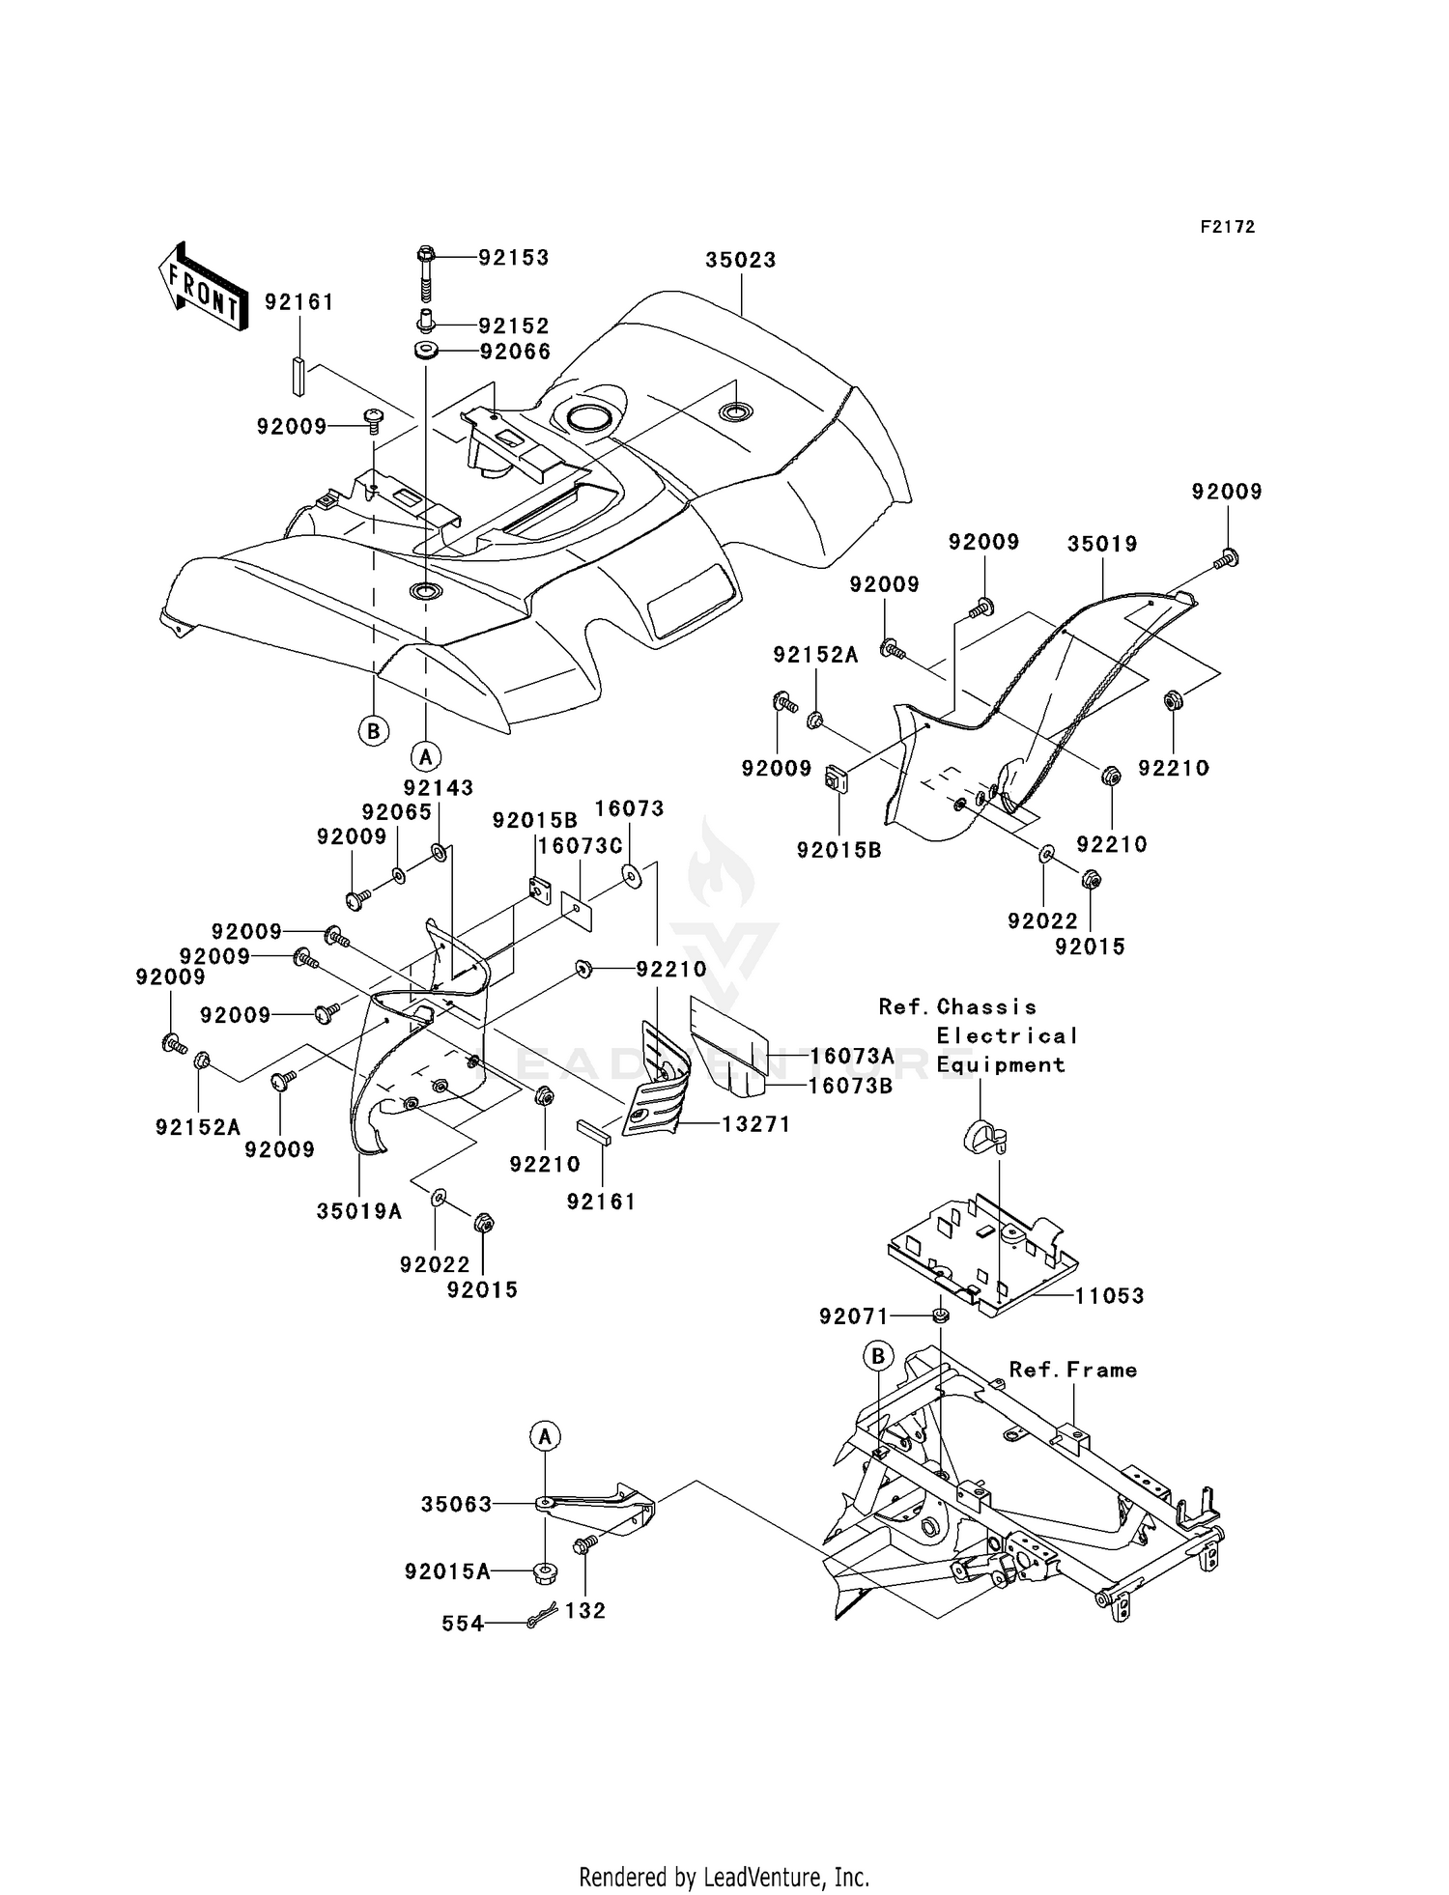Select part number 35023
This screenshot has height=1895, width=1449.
click(x=741, y=260)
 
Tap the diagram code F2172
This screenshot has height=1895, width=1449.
click(x=1228, y=227)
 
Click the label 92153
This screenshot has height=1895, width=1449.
click(x=514, y=257)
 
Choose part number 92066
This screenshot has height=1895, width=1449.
click(x=516, y=352)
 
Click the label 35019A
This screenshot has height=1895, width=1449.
click(x=359, y=1211)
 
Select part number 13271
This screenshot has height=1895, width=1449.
click(x=753, y=1124)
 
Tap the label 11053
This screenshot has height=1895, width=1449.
click(x=1109, y=1296)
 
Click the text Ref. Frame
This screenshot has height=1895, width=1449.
click(x=1073, y=1370)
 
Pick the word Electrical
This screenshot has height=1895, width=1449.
click(x=1008, y=1035)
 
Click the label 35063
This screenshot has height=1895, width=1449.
click(x=457, y=1504)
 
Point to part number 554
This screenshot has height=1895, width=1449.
click(x=463, y=1625)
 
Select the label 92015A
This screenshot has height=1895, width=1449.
click(x=447, y=1572)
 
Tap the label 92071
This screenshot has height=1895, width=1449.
click(x=854, y=1315)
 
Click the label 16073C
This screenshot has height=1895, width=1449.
click(x=580, y=846)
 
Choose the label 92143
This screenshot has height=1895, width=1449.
click(x=439, y=787)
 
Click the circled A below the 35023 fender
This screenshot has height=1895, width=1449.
click(x=426, y=755)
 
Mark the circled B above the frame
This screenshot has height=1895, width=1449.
click(x=878, y=1357)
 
